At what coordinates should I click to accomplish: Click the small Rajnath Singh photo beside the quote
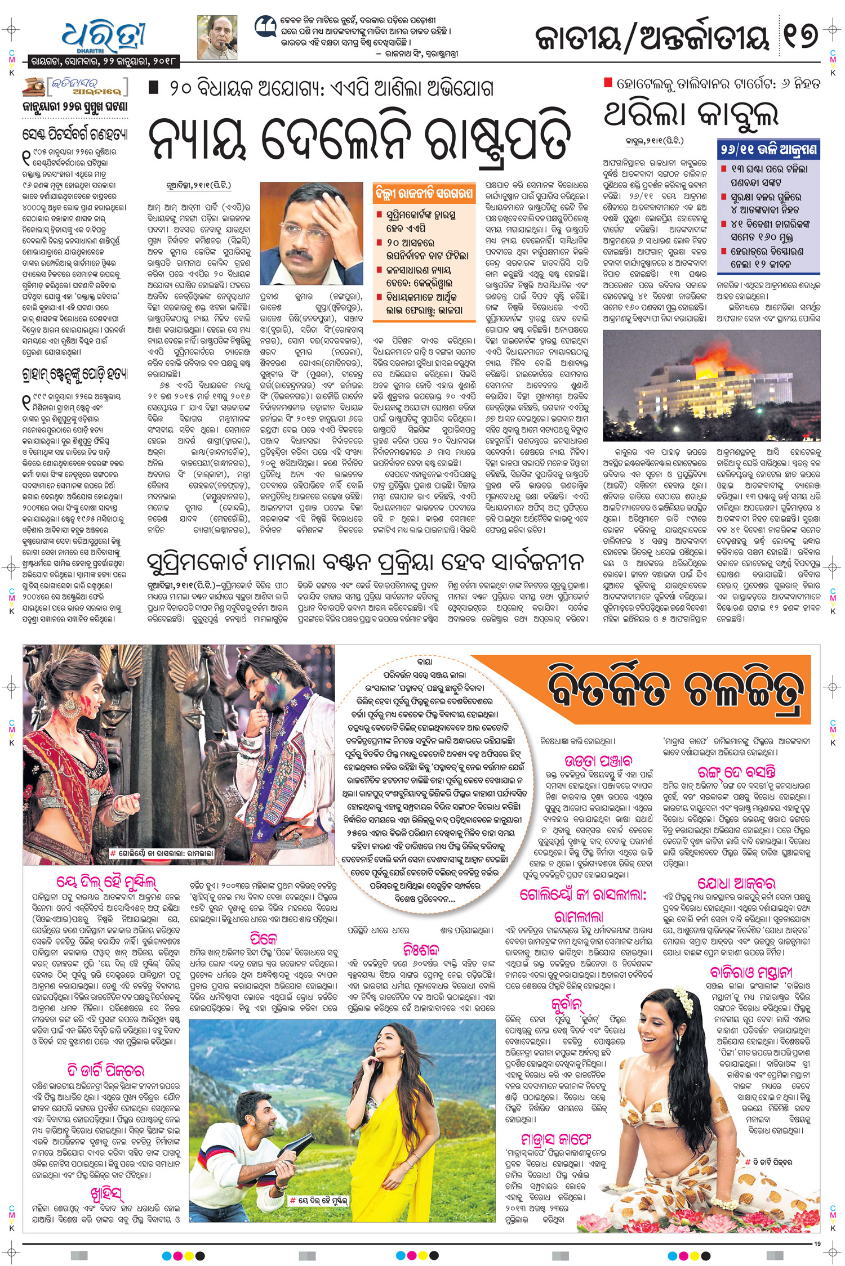[x=217, y=37]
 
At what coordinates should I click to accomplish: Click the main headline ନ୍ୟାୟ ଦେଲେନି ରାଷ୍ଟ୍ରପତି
[x=359, y=138]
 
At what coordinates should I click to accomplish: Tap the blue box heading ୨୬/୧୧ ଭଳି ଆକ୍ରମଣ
[x=768, y=150]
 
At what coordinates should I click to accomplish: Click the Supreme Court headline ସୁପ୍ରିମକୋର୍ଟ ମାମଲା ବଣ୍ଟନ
[x=365, y=562]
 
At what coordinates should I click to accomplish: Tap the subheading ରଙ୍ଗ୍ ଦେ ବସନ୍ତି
[x=736, y=772]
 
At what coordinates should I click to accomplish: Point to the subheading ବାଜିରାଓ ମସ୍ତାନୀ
[x=751, y=972]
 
